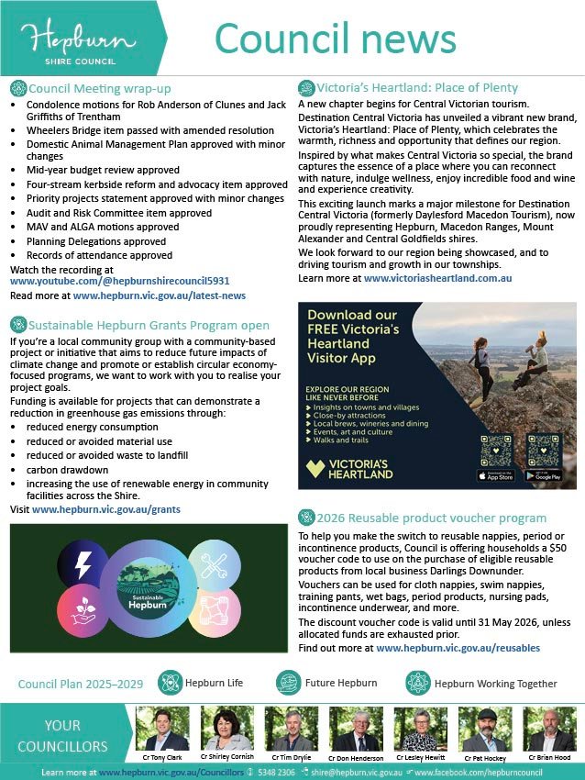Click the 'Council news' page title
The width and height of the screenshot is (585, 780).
(x=335, y=39)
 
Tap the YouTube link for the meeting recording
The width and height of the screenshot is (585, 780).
(x=119, y=282)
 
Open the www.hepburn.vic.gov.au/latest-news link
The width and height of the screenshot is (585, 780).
(x=160, y=296)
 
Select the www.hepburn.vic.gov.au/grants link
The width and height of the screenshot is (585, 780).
(x=106, y=508)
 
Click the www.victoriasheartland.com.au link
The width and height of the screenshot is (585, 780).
(x=437, y=277)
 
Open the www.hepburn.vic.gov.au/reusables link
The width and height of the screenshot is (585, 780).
(x=458, y=648)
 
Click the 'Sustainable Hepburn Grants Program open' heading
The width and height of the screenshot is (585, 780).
(x=149, y=325)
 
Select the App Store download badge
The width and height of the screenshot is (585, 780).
(x=496, y=476)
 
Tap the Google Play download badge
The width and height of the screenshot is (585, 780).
(x=542, y=476)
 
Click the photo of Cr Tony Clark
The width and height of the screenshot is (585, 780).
(x=161, y=729)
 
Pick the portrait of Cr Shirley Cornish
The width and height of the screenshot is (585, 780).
(x=226, y=729)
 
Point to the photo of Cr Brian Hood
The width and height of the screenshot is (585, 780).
(x=549, y=729)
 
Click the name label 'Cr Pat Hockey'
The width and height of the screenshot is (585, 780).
(x=485, y=758)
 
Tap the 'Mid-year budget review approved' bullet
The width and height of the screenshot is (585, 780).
(x=103, y=170)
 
